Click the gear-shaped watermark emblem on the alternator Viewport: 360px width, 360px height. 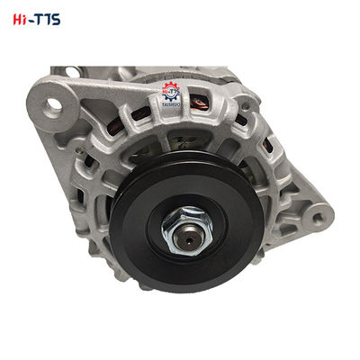coord(170,91)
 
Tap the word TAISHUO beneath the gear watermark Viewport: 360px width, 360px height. coord(170,104)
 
